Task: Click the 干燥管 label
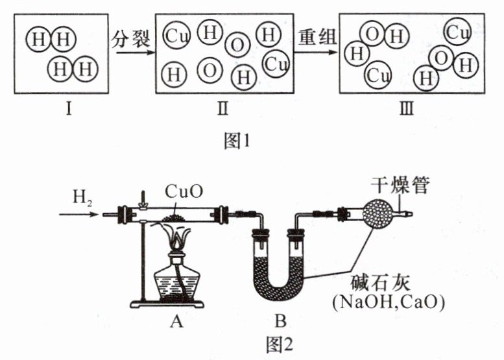(x=395, y=186)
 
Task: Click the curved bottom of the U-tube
(x=280, y=296)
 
